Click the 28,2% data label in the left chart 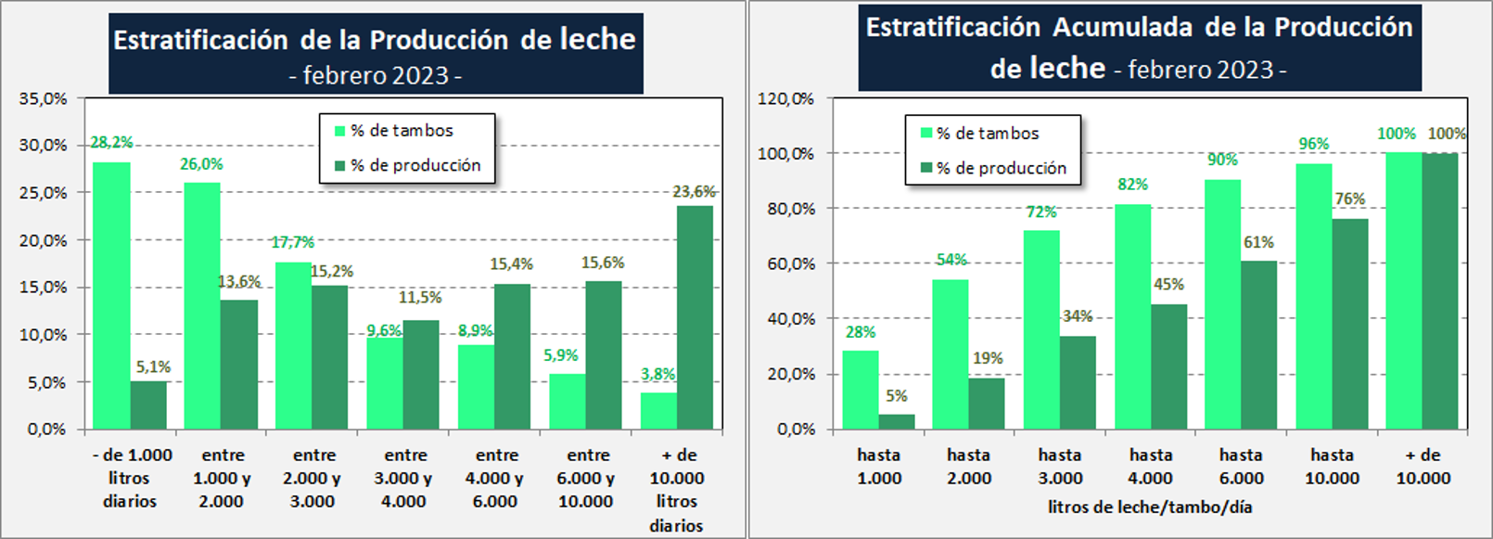coord(111,143)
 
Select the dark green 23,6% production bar coord(695,317)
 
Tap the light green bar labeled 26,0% coord(202,306)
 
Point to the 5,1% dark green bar coord(148,405)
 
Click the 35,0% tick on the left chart coord(44,98)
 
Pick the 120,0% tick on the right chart coord(786,98)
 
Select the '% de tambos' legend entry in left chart coord(402,131)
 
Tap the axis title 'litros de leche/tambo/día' coord(1150,507)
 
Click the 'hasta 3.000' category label coord(1060,467)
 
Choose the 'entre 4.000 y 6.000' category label coord(497,478)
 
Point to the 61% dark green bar coord(1258,345)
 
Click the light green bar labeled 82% coord(1132,316)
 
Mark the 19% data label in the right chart coord(988,358)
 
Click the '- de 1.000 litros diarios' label coord(131,478)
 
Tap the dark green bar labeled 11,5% coord(421,375)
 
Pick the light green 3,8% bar coord(658,411)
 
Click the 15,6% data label coord(603,263)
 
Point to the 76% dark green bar coord(1349,324)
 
